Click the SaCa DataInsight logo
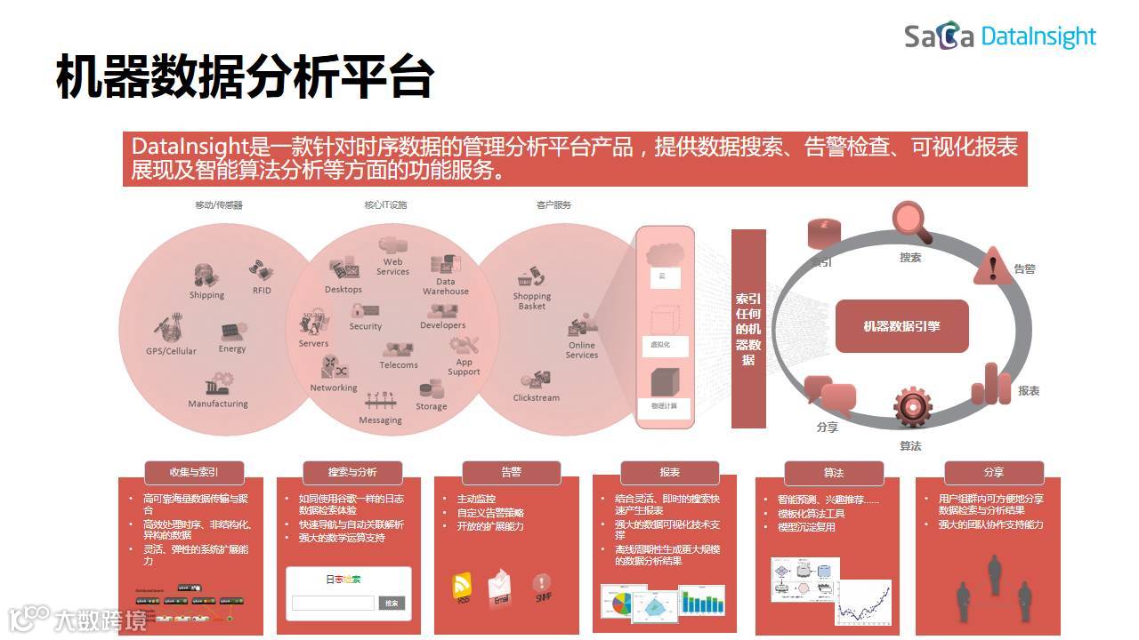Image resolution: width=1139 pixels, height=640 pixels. pos(1000,36)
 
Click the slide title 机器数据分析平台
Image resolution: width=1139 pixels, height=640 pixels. pos(245,77)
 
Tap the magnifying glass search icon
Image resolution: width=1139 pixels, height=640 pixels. pos(912,222)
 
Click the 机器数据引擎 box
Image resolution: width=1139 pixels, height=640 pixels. pos(901,326)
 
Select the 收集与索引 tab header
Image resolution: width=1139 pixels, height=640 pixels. pos(194,472)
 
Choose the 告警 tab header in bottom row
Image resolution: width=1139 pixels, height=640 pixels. pos(511,472)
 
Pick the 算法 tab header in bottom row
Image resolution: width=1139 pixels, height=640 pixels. pos(833,473)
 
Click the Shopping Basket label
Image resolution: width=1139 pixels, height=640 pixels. pos(532,301)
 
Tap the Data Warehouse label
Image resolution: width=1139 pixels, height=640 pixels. pos(445,286)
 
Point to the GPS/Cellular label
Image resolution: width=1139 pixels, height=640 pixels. pos(171,351)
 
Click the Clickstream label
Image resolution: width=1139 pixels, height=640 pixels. pos(536,397)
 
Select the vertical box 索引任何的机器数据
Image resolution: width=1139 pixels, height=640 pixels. pos(748,328)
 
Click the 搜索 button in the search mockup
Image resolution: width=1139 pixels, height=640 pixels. pos(392,603)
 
